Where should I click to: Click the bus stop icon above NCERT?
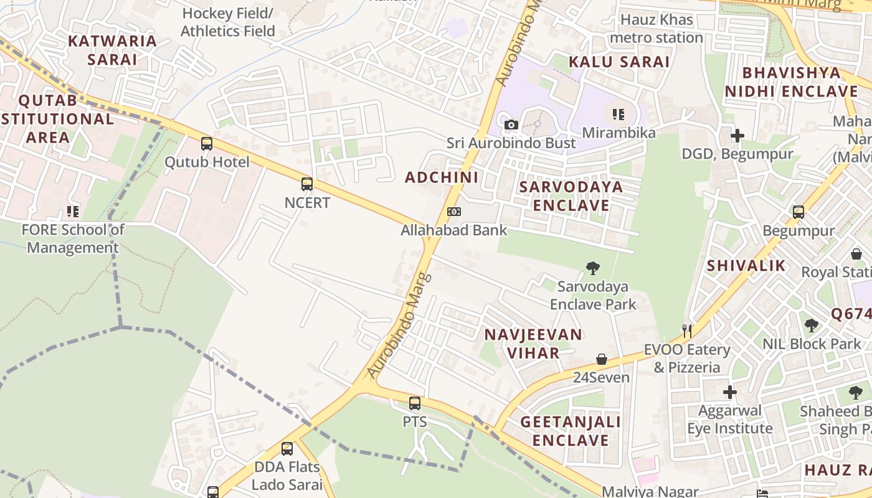point(306,184)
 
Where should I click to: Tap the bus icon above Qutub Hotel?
point(206,144)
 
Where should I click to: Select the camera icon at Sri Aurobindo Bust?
point(511,125)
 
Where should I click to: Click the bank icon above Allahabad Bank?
point(454,212)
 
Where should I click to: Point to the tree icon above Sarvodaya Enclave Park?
point(593,268)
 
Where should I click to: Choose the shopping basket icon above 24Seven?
point(602,359)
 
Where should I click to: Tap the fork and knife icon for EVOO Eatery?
point(687,331)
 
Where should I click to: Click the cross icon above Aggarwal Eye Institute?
point(729,392)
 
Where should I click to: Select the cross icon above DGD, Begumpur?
point(737,135)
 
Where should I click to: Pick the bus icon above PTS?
point(415,403)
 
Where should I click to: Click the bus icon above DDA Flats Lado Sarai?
point(287,448)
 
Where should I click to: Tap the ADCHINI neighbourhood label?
point(442,177)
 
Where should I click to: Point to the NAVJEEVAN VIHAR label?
point(533,344)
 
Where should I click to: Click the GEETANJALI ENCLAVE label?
point(571,431)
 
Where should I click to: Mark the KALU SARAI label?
point(619,62)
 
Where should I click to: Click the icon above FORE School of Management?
point(73,212)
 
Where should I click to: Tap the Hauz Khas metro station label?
point(656,29)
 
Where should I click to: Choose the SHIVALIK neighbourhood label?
point(746,266)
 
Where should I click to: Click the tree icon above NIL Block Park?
point(811,325)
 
